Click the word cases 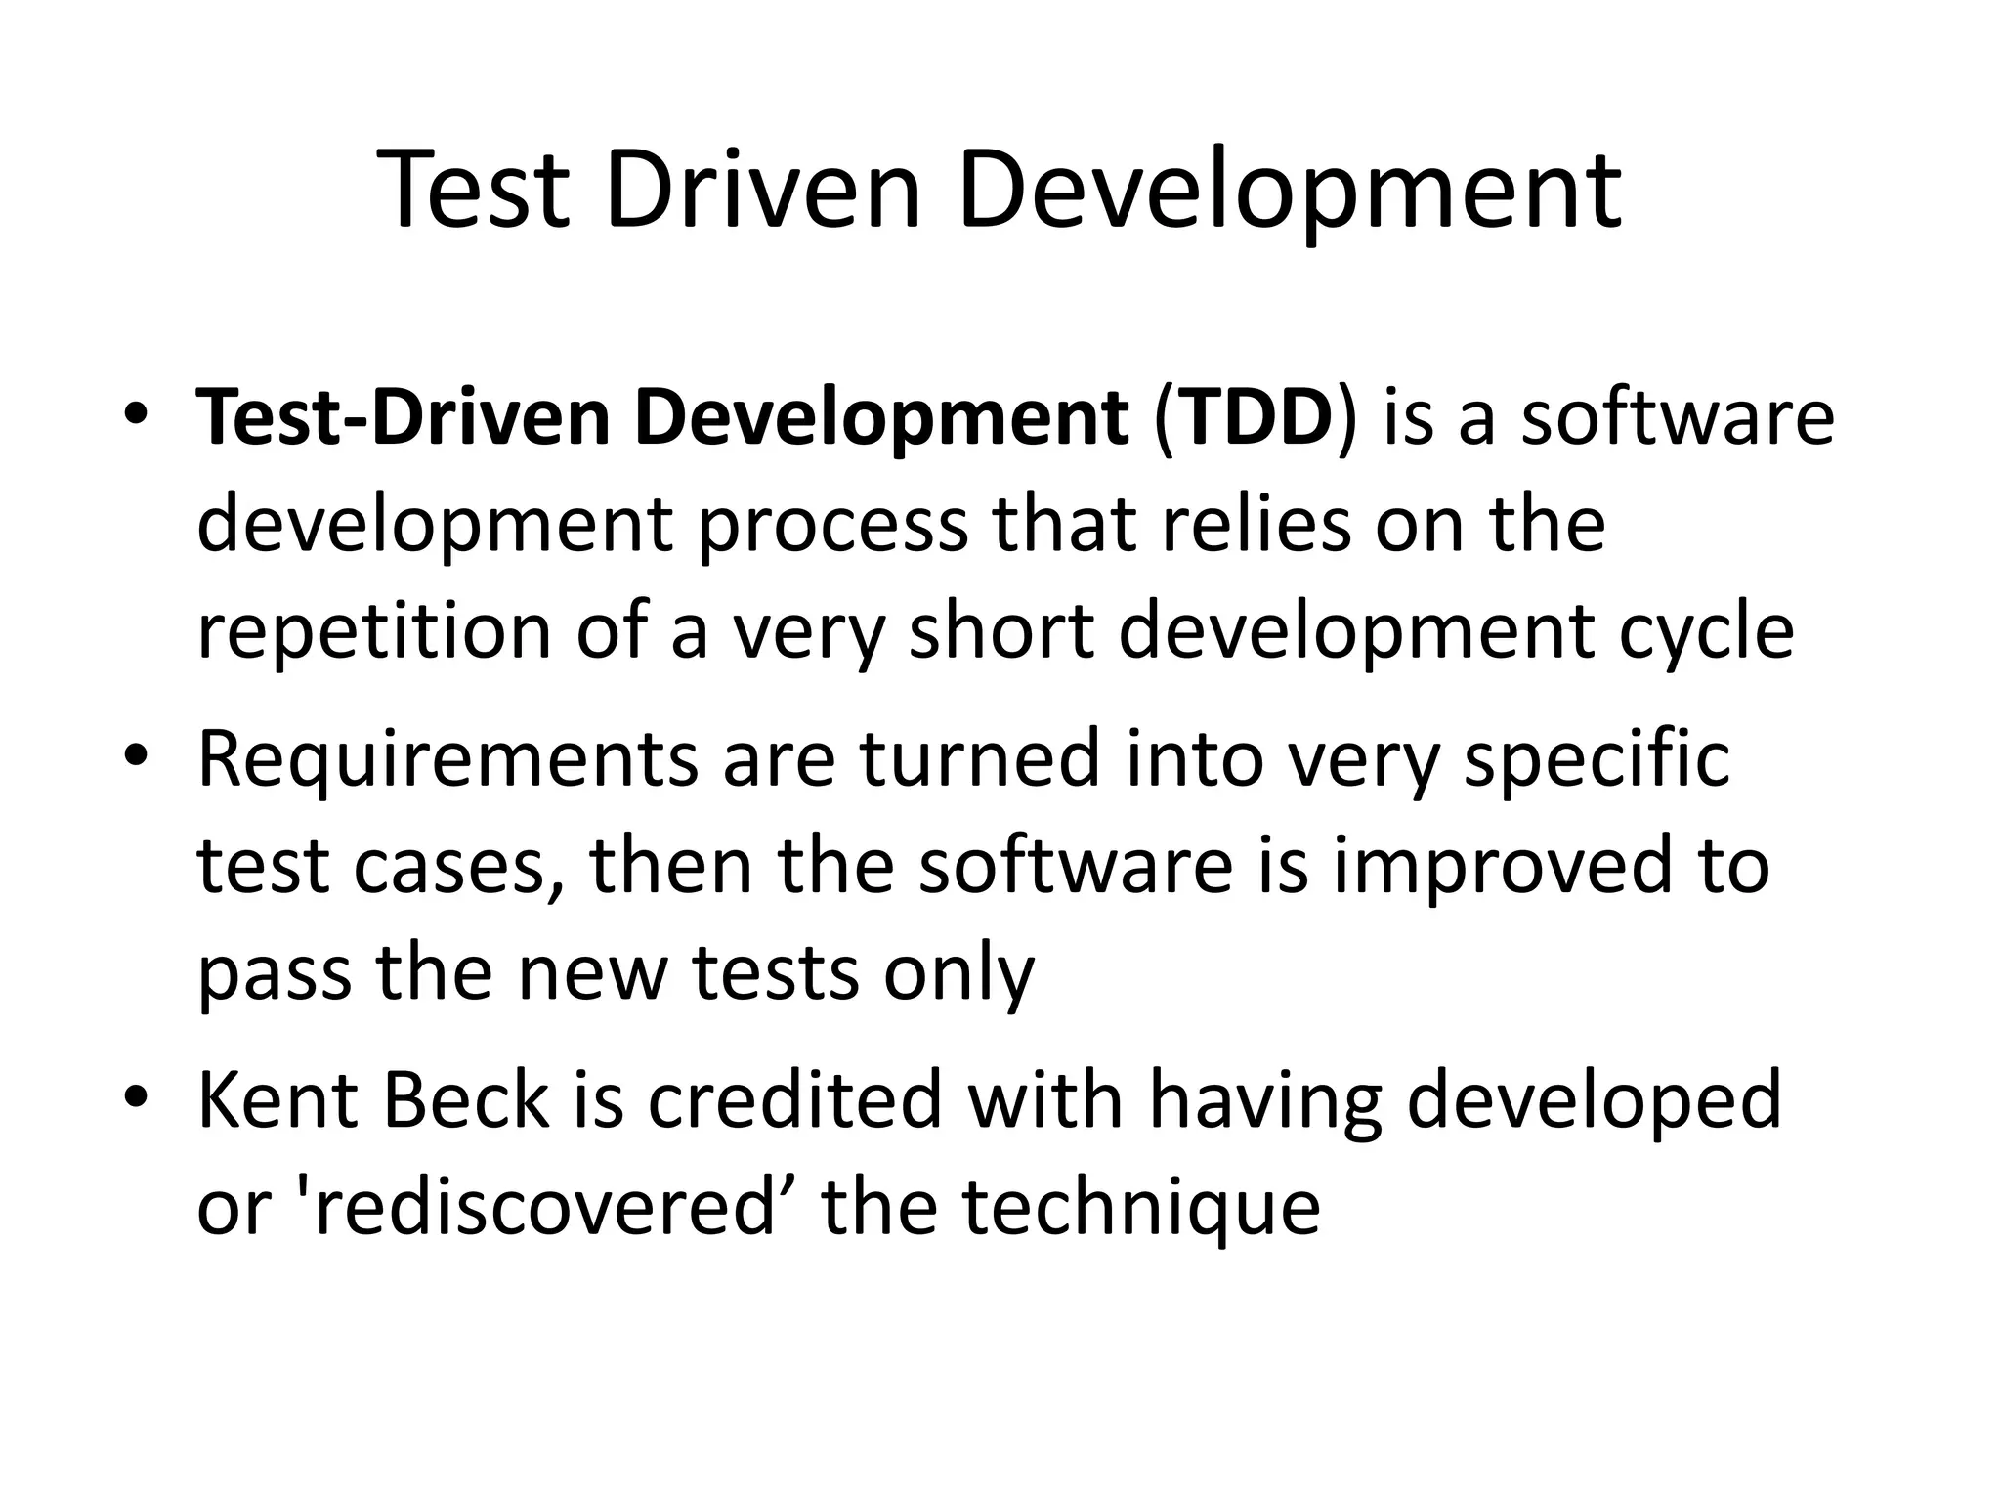448,867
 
